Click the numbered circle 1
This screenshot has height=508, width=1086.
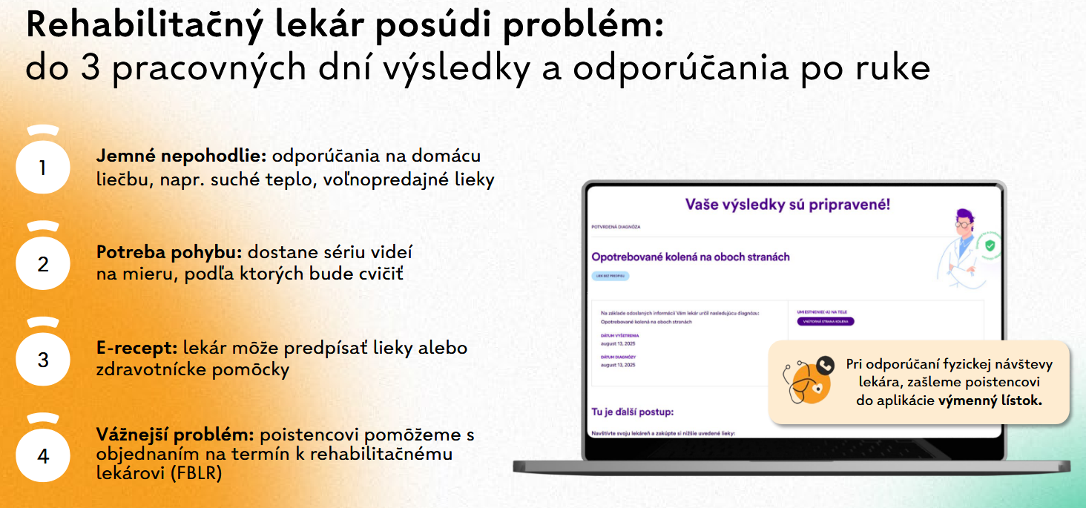[x=43, y=168]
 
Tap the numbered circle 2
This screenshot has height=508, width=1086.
[x=43, y=264]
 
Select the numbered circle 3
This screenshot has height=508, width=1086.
[x=43, y=360]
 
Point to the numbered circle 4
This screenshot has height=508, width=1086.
[x=43, y=455]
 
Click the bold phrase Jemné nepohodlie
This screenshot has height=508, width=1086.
[x=181, y=156]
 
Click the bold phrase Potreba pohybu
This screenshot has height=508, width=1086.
[x=170, y=251]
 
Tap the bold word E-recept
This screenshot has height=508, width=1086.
[x=136, y=348]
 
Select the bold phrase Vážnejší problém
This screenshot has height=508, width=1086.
[x=175, y=435]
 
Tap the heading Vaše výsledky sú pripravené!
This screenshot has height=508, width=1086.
[x=787, y=205]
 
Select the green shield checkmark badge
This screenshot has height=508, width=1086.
[x=989, y=245]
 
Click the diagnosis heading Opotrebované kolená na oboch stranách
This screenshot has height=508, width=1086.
[x=690, y=257]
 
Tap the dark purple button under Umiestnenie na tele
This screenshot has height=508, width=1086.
[x=825, y=321]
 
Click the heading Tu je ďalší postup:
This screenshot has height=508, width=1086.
[x=632, y=412]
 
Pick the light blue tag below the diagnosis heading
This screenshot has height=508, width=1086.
[x=611, y=275]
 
